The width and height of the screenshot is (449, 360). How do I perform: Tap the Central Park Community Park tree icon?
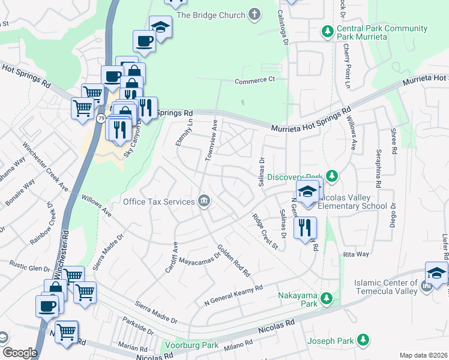pyautogui.click(x=327, y=31)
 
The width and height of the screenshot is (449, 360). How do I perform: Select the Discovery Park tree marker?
pyautogui.click(x=331, y=176)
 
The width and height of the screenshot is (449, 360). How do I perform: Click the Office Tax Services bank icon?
pyautogui.click(x=204, y=202)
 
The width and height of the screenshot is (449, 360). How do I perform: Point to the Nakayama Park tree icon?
pyautogui.click(x=326, y=298)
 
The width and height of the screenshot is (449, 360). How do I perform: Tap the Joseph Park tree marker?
pyautogui.click(x=363, y=341)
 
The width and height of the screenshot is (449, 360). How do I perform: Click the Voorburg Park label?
pyautogui.click(x=192, y=346)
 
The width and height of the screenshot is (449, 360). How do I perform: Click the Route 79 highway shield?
pyautogui.click(x=100, y=118)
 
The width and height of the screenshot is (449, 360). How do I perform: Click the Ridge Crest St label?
pyautogui.click(x=265, y=232)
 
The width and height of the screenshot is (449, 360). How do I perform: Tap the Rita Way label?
pyautogui.click(x=355, y=254)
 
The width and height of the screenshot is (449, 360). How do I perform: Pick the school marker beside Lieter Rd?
pyautogui.click(x=436, y=272)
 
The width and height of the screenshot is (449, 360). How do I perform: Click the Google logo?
pyautogui.click(x=20, y=353)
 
